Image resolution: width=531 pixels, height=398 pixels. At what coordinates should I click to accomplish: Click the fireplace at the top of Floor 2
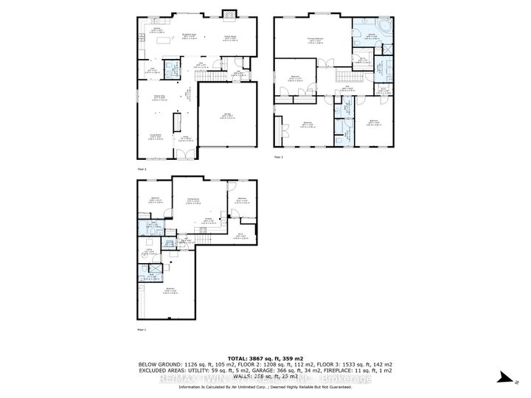pos(229,14)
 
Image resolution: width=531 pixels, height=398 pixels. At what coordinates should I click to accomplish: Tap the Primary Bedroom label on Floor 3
pos(317,41)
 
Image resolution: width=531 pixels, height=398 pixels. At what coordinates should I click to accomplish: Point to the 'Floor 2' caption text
pos(142,170)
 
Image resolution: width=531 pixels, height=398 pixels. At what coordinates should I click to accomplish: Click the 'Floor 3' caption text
pos(279,157)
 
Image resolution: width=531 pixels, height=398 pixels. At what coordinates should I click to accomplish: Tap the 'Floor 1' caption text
pos(142,328)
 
